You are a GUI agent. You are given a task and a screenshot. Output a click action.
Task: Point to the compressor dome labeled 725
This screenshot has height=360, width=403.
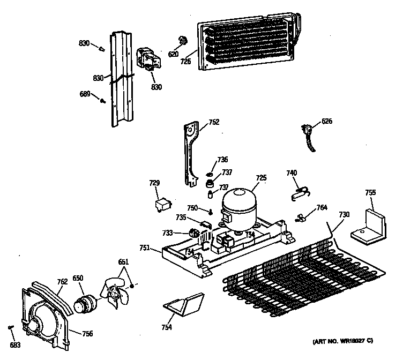point(238,204)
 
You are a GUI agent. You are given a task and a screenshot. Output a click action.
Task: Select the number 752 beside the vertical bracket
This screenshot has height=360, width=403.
point(214,123)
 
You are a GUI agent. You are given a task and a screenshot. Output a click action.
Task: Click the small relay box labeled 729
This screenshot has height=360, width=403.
point(161,205)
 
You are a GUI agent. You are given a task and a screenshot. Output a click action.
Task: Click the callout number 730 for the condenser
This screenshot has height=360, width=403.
point(344,214)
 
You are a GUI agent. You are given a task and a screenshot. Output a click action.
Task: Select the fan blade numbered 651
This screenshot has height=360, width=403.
point(114,295)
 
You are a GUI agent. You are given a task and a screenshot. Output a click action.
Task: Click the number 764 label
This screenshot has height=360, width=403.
point(321,207)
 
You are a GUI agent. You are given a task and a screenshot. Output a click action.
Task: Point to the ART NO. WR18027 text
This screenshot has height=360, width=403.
point(342,341)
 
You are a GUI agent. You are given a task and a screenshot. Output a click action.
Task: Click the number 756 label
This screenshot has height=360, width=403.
point(87,333)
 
